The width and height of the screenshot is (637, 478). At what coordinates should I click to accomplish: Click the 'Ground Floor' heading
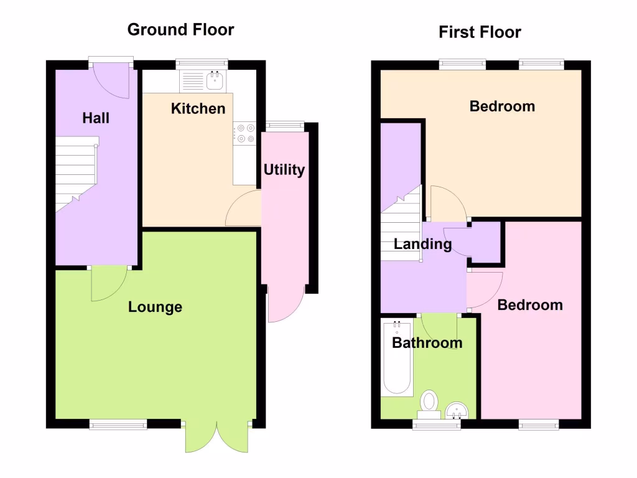(180, 29)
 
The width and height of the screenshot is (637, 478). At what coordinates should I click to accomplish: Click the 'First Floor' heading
(480, 32)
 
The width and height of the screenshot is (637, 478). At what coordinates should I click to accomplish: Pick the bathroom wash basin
(458, 410)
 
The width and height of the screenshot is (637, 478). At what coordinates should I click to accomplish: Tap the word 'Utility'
(284, 169)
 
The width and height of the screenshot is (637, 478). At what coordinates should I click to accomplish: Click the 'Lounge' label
(155, 307)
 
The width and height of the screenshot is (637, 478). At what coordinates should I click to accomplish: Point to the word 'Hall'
(96, 118)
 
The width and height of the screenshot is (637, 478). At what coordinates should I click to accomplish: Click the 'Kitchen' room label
(198, 109)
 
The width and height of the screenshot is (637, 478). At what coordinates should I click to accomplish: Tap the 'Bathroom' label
(427, 342)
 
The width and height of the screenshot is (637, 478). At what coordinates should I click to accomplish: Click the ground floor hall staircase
(76, 174)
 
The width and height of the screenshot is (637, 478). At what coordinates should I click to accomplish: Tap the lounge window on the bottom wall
(118, 424)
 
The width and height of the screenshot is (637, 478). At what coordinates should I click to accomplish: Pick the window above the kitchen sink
(202, 63)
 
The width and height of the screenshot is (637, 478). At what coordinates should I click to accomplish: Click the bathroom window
(437, 424)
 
